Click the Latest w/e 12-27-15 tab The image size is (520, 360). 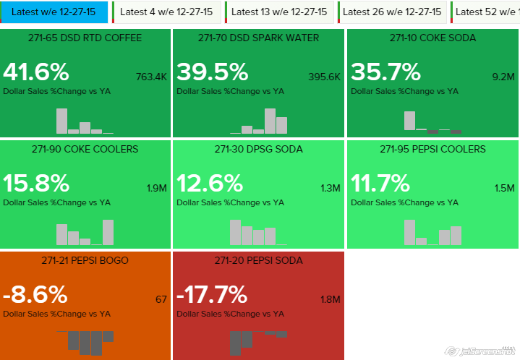click(54, 12)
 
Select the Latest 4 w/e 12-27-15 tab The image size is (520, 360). click(167, 12)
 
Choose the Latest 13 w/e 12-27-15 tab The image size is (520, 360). click(278, 12)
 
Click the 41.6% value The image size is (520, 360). click(36, 72)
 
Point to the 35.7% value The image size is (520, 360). click(385, 72)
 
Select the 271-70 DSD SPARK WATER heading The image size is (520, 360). click(259, 38)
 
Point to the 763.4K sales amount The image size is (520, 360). click(151, 77)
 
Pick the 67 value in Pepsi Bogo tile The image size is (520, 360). click(161, 299)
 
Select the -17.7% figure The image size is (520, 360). click(213, 295)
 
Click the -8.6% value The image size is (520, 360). click(35, 295)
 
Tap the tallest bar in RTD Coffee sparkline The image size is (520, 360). click(61, 121)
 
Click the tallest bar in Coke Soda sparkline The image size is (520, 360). click(409, 120)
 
